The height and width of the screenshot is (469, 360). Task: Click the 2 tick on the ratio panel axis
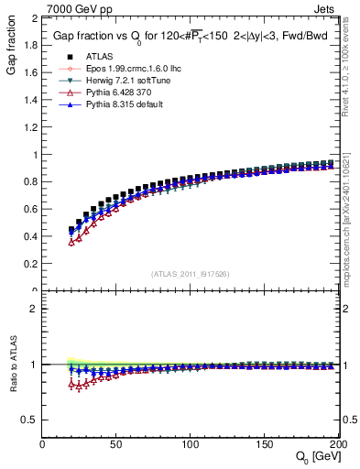pos(34,309)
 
